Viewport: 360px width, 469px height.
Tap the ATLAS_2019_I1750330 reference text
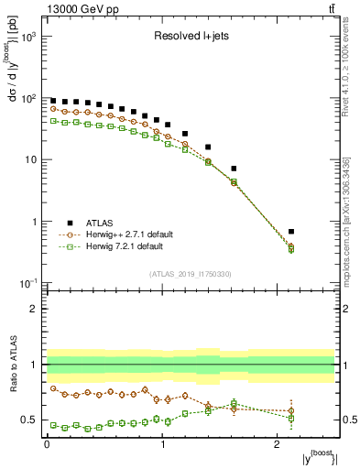[x=191, y=274]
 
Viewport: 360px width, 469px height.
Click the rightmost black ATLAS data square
[x=317, y=232]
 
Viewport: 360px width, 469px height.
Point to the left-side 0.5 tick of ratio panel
[x=32, y=420]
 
